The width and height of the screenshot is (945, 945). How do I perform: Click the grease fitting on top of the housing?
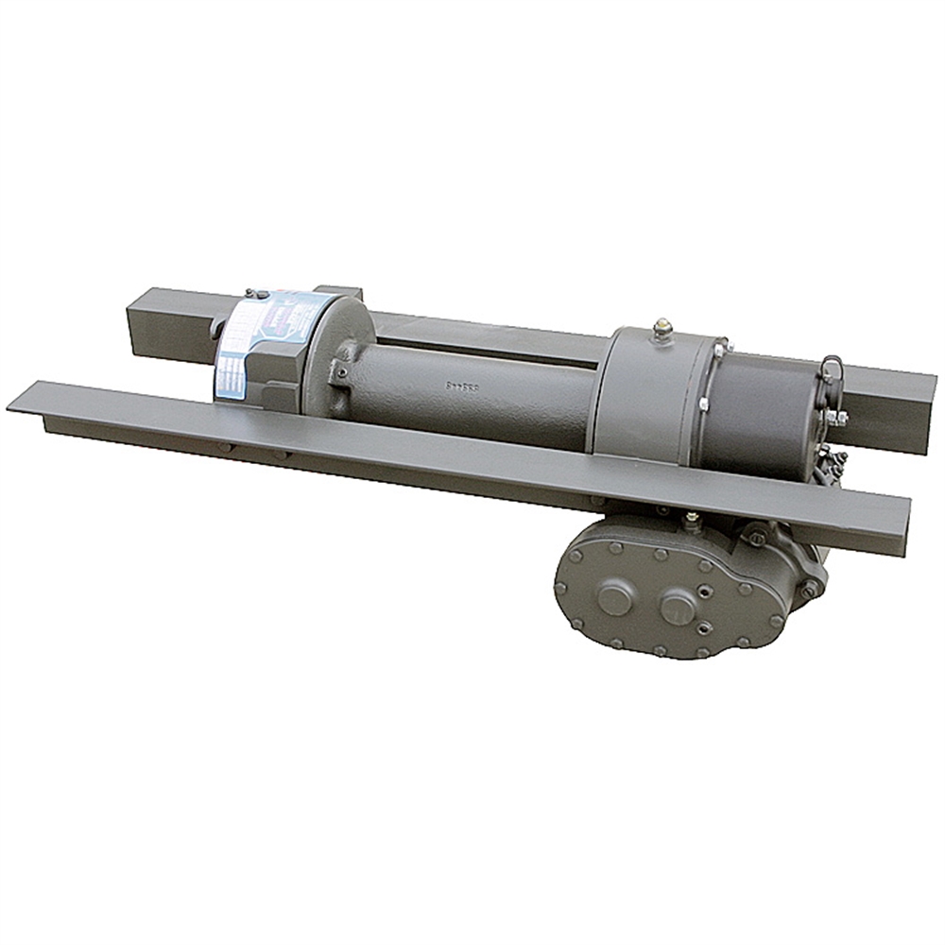[662, 330]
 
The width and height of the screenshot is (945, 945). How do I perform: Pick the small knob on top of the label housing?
[250, 294]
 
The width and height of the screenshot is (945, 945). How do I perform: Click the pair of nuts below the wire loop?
[834, 417]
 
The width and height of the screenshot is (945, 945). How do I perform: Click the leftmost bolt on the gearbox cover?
[560, 587]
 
